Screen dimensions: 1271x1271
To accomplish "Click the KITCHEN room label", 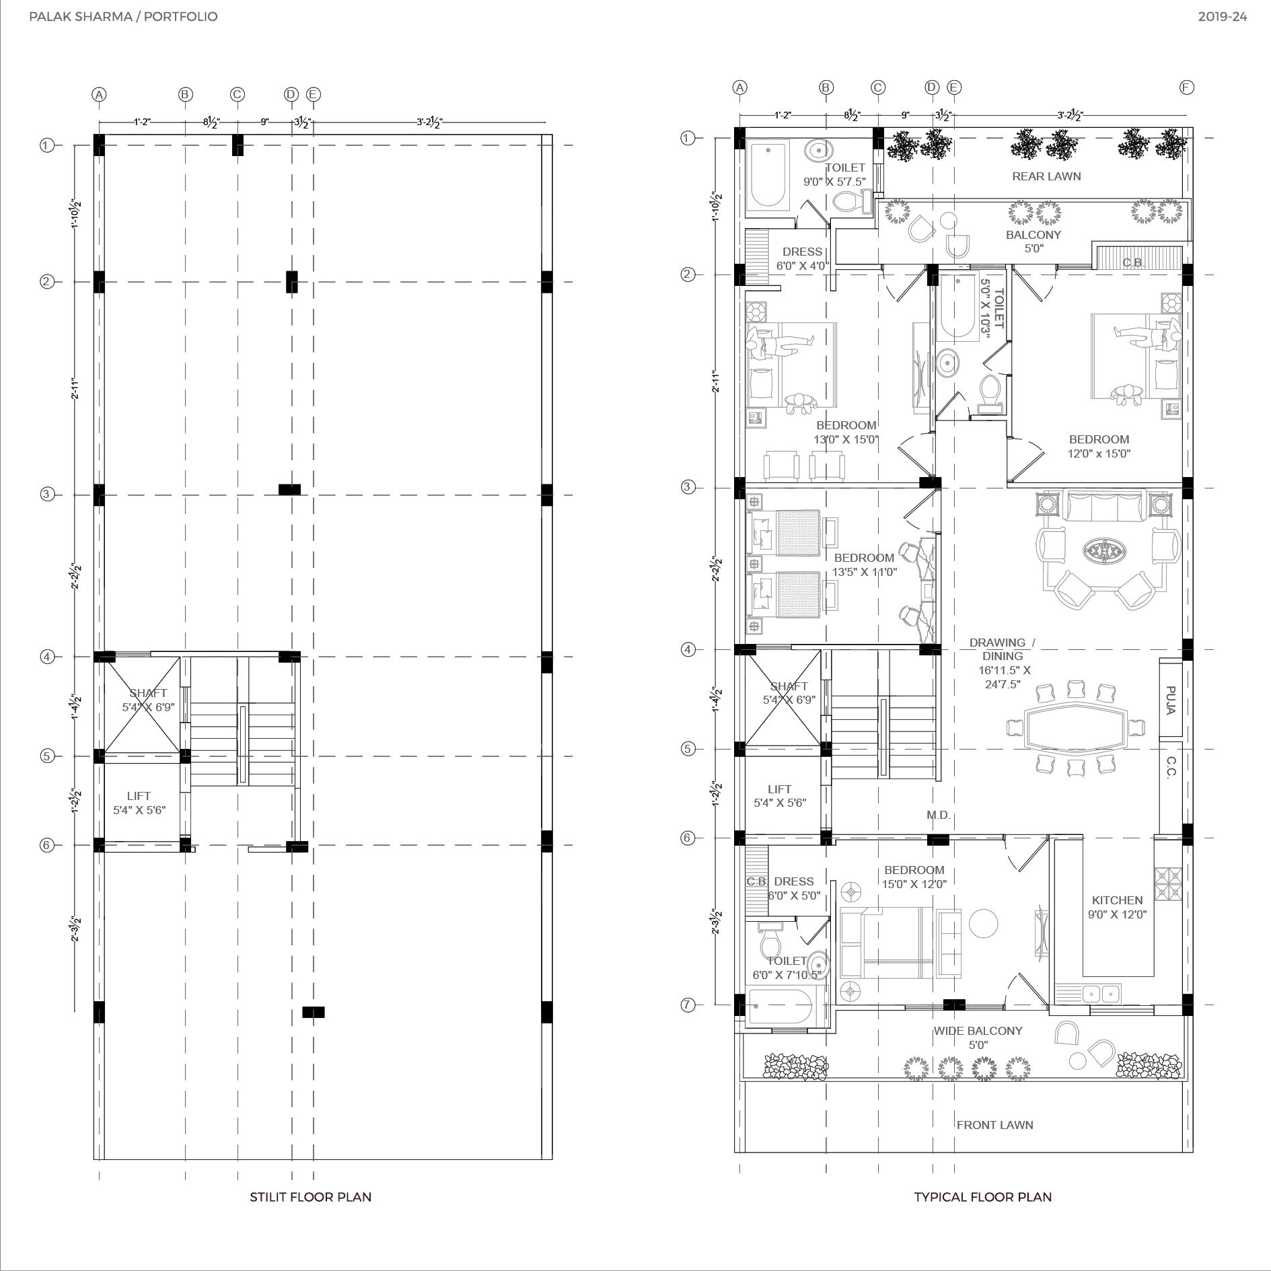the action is pos(1117,900).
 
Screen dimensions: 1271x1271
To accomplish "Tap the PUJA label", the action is pos(1170,700).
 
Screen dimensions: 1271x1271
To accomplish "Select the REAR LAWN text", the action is pos(1046,176).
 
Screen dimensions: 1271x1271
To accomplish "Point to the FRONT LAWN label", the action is pos(994,1125).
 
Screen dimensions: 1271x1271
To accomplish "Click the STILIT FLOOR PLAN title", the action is pos(310,1197).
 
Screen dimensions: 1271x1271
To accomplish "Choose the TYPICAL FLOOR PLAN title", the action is pos(982,1197).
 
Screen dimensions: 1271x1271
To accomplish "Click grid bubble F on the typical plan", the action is pos(1186,87).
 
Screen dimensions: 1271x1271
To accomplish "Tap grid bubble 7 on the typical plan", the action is pos(688,1005).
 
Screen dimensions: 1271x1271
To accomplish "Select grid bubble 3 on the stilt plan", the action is pos(46,495).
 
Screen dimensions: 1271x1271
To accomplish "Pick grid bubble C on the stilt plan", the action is pos(237,95).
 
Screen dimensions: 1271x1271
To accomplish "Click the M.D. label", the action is pos(938,815).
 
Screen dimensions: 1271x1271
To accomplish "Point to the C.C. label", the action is pos(1170,768).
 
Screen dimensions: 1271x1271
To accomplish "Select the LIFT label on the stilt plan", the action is pos(139,796).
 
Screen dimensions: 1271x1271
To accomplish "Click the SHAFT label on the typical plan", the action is pos(789,686).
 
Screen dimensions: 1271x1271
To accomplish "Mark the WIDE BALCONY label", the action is pos(978,1031).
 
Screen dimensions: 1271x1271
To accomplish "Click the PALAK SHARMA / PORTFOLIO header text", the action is pos(124,17).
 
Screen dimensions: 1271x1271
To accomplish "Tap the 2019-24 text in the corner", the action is pos(1223,17).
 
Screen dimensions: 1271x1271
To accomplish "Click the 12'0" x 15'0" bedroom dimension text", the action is pos(1099,453).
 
